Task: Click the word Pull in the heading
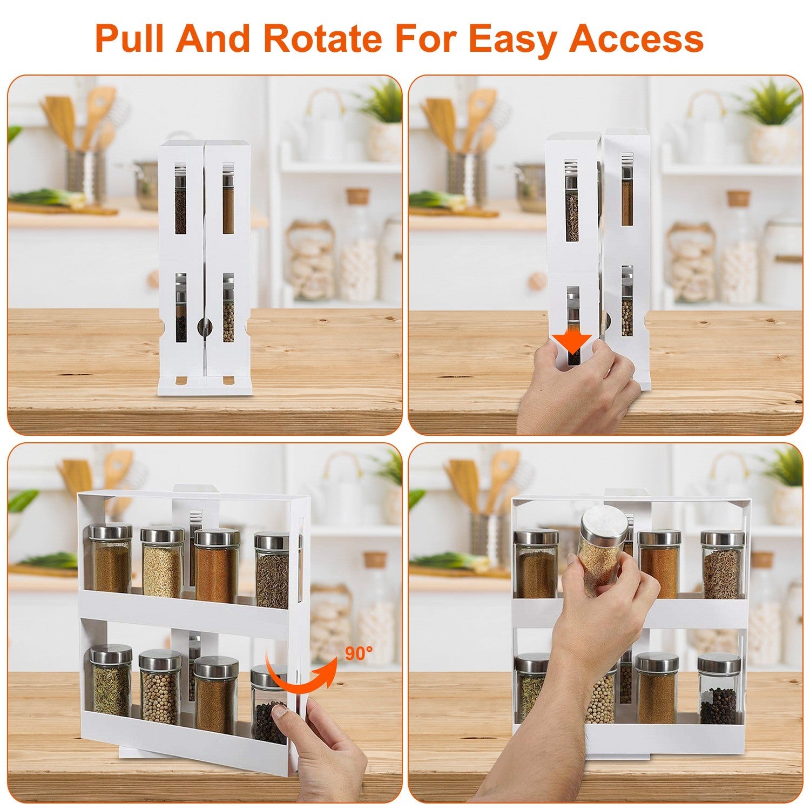(133, 38)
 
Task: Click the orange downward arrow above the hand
(572, 342)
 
